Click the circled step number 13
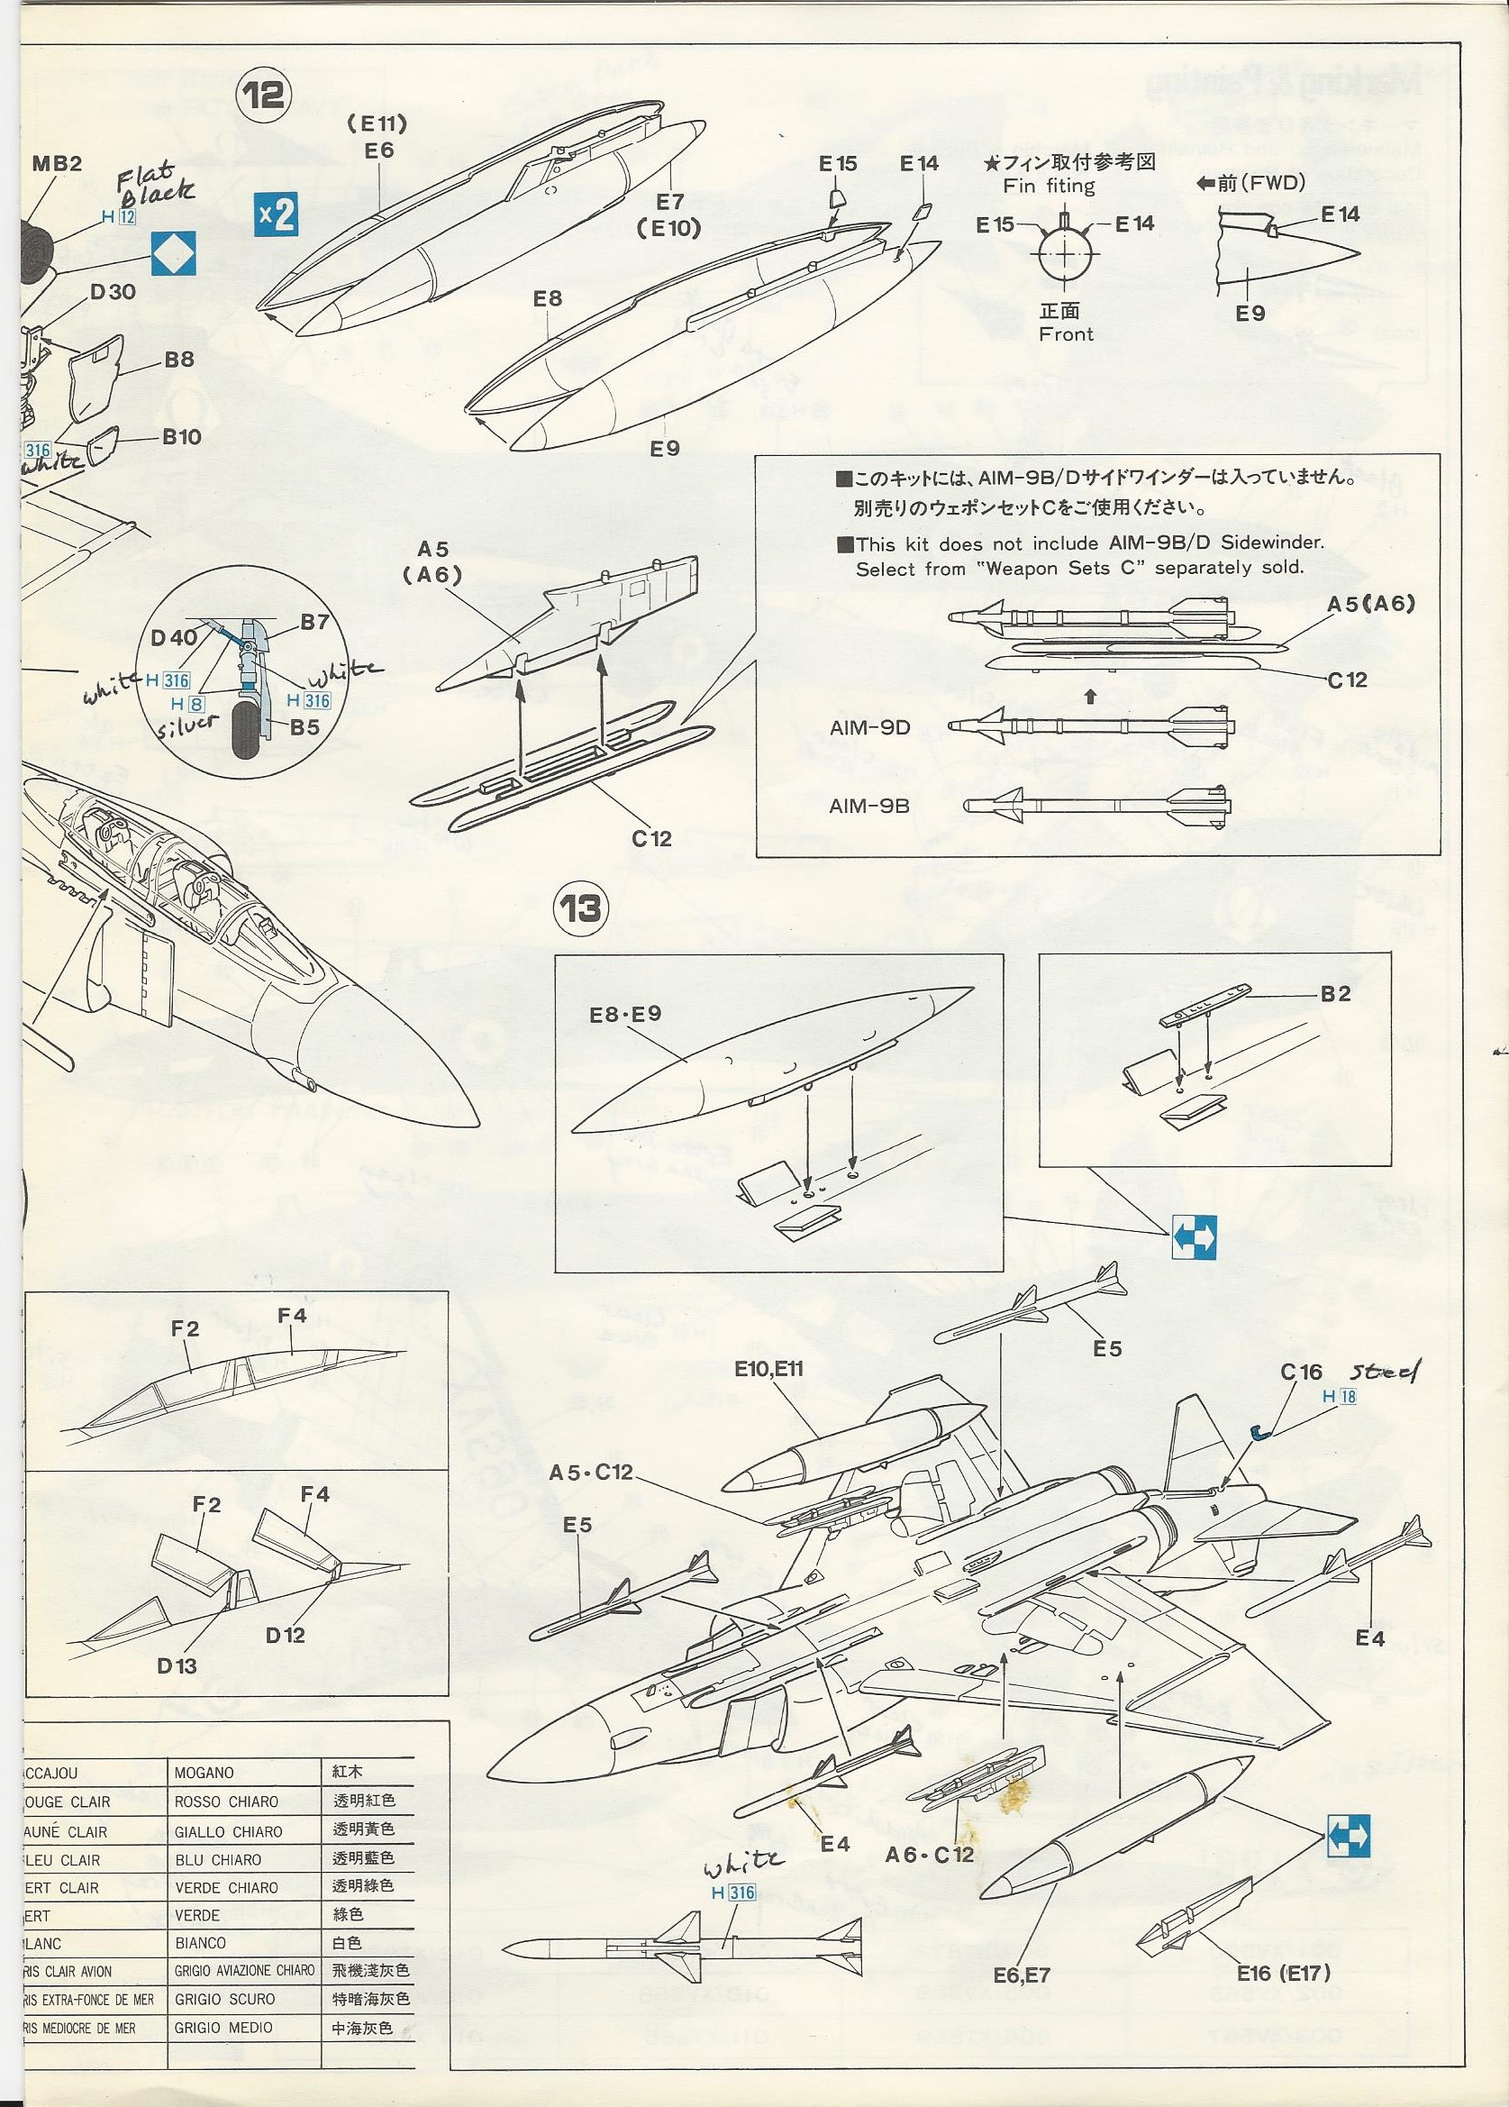click(580, 907)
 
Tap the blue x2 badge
click(275, 215)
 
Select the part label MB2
click(57, 163)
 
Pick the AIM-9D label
click(869, 728)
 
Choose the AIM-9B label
click(869, 806)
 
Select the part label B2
click(1335, 993)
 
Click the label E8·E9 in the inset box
click(625, 1015)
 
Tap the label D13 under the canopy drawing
click(177, 1665)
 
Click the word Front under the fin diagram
click(1066, 333)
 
